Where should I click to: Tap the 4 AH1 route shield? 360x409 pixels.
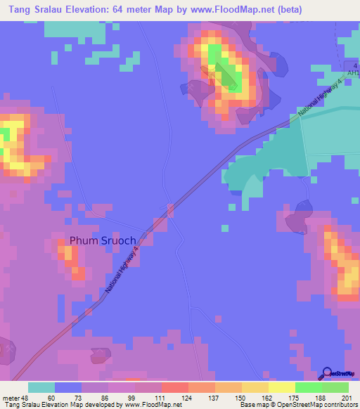coord(352,70)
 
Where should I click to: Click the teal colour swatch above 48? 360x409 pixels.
coord(41,387)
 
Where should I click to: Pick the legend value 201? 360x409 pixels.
coord(345,397)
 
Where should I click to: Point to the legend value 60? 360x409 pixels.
coord(50,397)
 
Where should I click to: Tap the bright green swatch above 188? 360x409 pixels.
coord(309,387)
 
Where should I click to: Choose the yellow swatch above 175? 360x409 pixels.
coord(282,387)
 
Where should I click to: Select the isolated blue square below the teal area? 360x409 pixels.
coord(224,228)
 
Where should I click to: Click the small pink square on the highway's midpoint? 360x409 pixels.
coord(172,209)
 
